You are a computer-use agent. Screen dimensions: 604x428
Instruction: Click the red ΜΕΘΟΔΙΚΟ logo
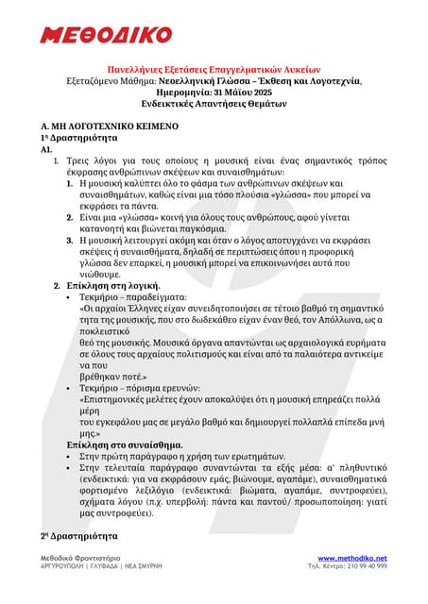click(105, 35)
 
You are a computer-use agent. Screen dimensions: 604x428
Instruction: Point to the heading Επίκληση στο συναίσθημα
click(126, 444)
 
